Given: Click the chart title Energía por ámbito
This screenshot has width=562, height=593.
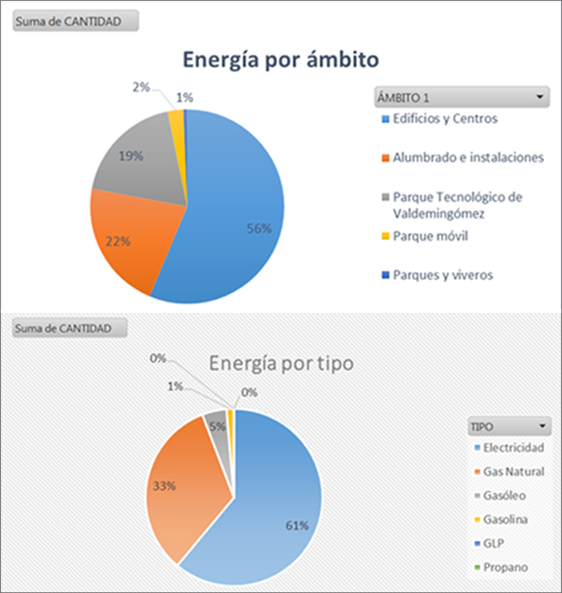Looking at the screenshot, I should click(280, 60).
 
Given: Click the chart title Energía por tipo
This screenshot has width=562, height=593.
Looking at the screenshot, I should click(281, 363).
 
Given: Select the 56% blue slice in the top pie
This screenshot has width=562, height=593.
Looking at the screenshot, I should click(241, 217).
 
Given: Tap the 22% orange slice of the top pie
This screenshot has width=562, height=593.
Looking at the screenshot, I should click(128, 237).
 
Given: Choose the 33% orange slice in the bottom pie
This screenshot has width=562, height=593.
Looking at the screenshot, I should click(181, 481).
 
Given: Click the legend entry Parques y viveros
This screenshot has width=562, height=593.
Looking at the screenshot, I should click(442, 274).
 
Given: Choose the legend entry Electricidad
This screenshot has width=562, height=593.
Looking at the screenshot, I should click(514, 447).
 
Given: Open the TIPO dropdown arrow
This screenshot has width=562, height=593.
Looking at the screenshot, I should click(543, 424).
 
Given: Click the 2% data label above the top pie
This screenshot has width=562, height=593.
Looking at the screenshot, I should click(140, 87).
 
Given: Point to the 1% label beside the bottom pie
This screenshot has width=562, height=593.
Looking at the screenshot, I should click(175, 387).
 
